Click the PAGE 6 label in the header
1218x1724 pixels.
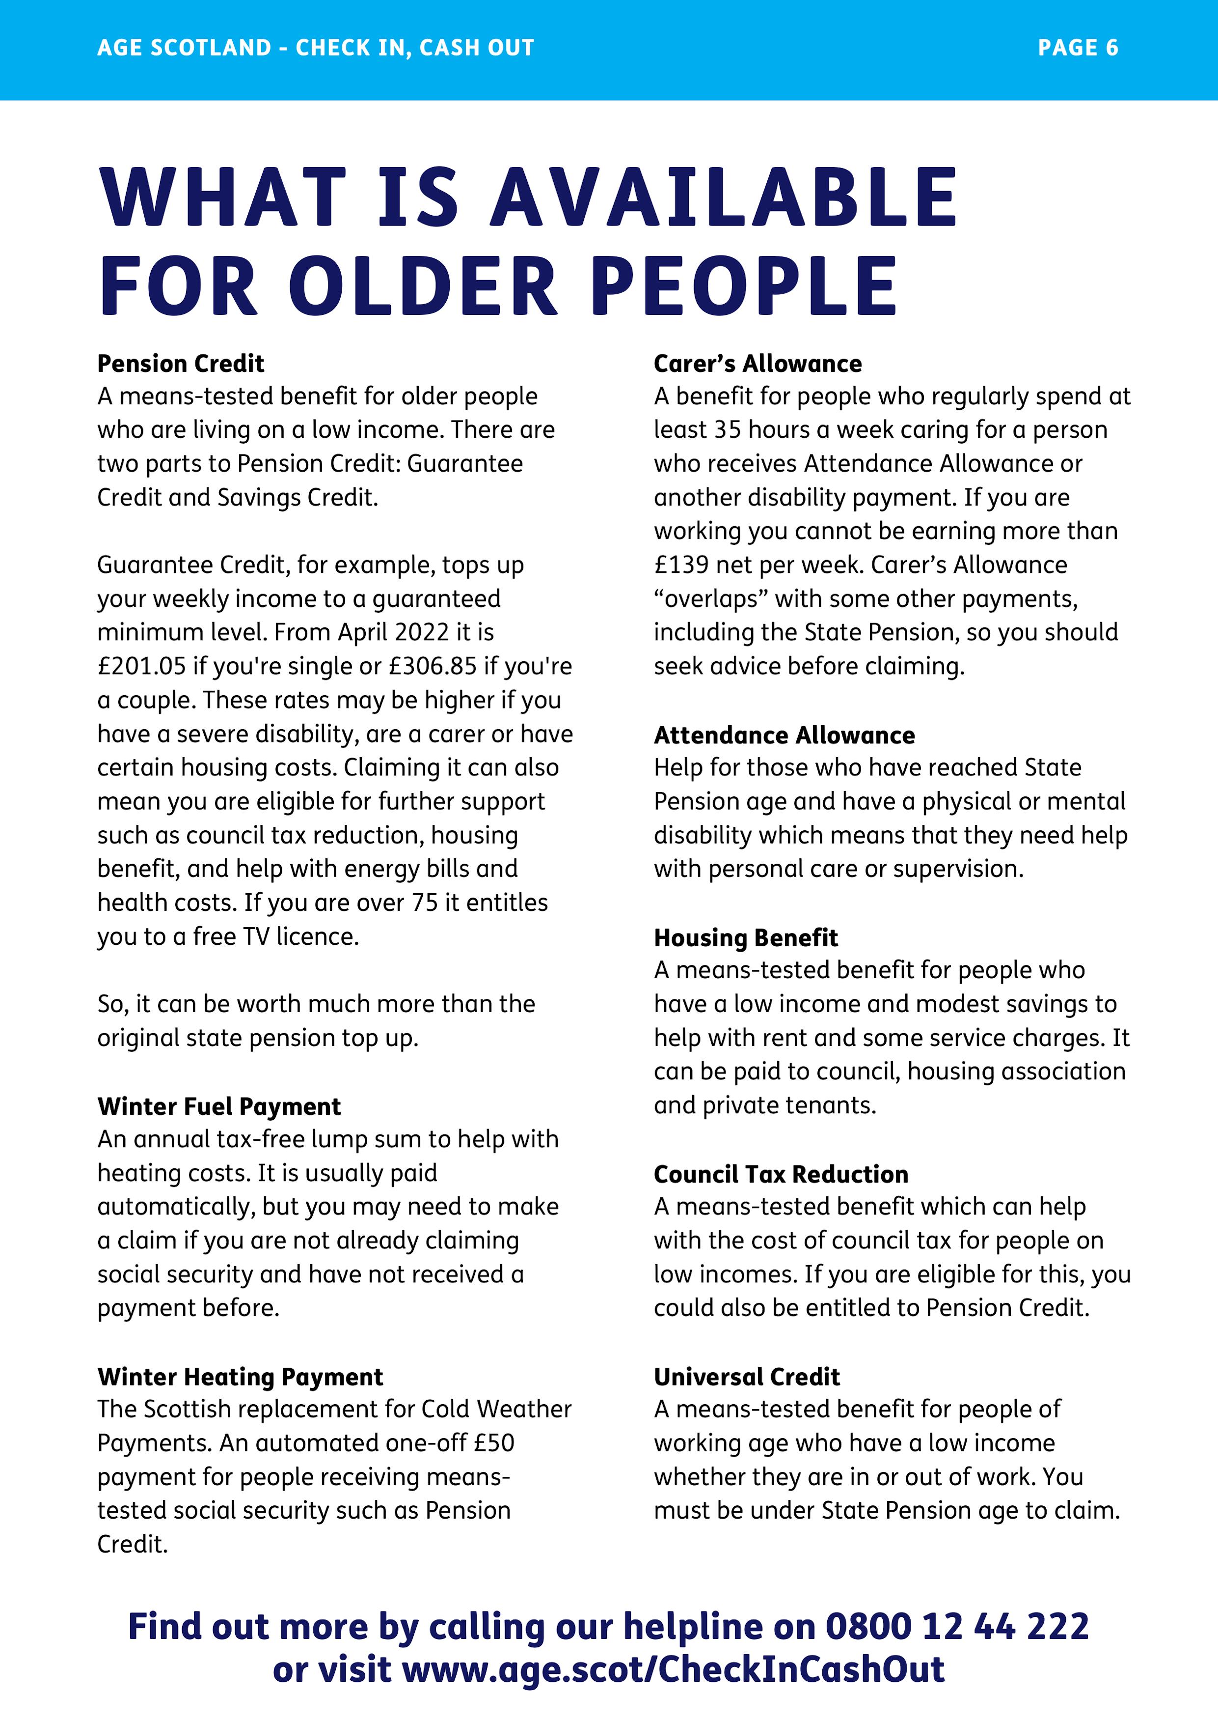(x=1078, y=48)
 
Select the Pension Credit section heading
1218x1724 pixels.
(x=180, y=364)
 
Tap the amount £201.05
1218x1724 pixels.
(x=141, y=666)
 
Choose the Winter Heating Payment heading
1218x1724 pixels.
(x=240, y=1376)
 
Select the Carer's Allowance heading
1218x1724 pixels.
(x=757, y=364)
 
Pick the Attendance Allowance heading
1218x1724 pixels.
(x=784, y=735)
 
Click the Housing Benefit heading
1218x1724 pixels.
(x=745, y=938)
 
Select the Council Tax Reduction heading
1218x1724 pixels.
(x=781, y=1174)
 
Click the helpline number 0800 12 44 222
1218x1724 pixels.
(x=957, y=1626)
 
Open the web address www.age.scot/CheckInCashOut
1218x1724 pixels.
(x=673, y=1669)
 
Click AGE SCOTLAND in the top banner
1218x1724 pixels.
(x=184, y=48)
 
